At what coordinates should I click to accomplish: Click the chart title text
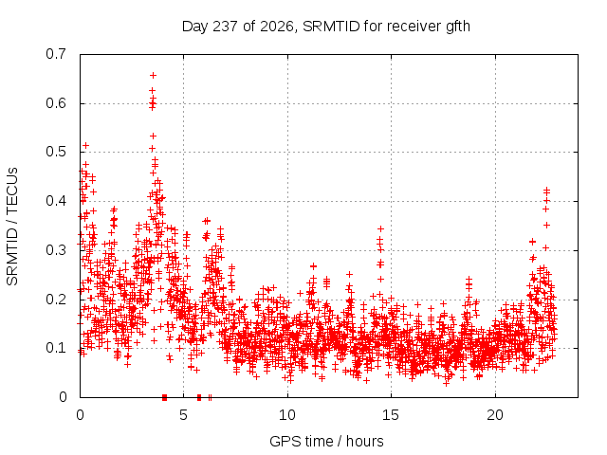(x=326, y=27)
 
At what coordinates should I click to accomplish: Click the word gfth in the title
(x=458, y=27)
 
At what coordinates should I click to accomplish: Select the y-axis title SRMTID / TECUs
(x=12, y=227)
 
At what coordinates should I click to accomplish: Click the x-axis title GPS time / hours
(x=326, y=441)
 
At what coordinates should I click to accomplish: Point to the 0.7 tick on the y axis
(x=56, y=54)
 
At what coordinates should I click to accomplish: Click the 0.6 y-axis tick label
(x=56, y=103)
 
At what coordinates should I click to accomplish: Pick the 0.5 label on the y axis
(x=56, y=152)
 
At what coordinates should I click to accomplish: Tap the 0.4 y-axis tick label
(x=56, y=201)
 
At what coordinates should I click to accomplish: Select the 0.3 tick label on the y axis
(x=56, y=250)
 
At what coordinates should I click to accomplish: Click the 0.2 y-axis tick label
(x=56, y=300)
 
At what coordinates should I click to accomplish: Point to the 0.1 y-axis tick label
(x=56, y=348)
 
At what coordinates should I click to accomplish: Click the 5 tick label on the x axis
(x=183, y=415)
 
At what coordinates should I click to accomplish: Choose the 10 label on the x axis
(x=287, y=415)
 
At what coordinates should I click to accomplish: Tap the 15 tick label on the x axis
(x=391, y=415)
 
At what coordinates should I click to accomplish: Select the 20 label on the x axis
(x=495, y=415)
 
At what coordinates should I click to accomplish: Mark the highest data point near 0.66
(x=154, y=75)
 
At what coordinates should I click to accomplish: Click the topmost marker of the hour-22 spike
(x=546, y=190)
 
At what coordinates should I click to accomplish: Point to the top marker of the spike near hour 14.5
(x=380, y=228)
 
